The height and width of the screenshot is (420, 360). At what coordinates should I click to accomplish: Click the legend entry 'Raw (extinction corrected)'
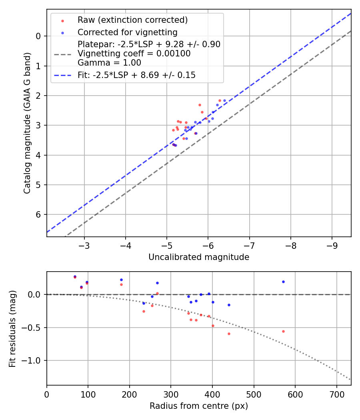click(x=132, y=20)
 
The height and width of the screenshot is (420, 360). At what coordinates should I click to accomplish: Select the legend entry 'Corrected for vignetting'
click(x=127, y=32)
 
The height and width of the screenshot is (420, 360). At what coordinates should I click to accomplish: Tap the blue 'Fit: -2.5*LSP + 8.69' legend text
click(x=136, y=75)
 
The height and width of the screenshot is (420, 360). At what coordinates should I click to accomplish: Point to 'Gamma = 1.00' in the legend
click(x=109, y=62)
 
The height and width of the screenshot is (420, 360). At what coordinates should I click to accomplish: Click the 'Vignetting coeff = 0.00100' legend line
click(x=134, y=54)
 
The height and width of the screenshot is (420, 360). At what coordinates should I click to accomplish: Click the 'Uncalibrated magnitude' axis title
click(x=199, y=257)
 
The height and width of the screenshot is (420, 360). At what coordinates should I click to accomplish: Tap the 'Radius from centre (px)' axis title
click(x=199, y=406)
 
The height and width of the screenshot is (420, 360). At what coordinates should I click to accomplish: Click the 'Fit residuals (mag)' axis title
click(x=13, y=328)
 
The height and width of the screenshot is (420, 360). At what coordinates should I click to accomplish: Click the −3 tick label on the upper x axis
click(x=84, y=245)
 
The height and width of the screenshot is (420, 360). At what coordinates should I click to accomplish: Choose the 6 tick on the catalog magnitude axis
click(x=38, y=215)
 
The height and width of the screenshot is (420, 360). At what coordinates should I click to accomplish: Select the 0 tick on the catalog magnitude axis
click(x=38, y=36)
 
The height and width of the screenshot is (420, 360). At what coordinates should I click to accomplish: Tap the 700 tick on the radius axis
click(x=336, y=394)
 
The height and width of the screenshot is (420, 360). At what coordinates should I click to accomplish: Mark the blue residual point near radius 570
click(x=283, y=282)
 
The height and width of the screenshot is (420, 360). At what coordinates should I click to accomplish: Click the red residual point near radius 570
click(x=283, y=331)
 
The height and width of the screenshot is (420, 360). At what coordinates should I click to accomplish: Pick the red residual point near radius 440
click(x=229, y=334)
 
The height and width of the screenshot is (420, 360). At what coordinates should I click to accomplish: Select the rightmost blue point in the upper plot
click(x=224, y=100)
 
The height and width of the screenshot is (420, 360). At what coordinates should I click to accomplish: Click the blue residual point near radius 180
click(x=121, y=280)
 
